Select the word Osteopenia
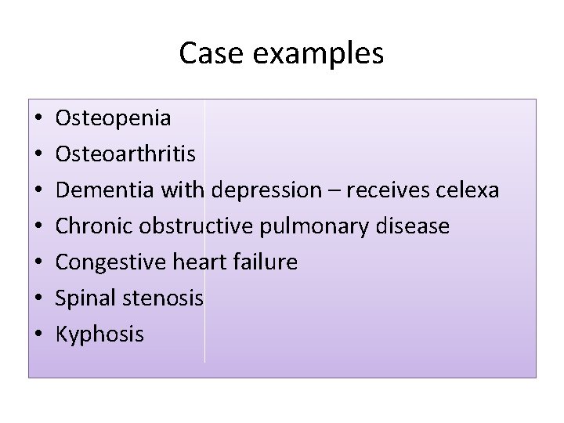point(113,118)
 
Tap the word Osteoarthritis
point(125,154)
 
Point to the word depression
point(267,191)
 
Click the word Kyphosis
point(99,335)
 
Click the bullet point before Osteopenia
point(38,119)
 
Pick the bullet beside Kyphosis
point(38,335)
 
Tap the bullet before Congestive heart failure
point(38,263)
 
